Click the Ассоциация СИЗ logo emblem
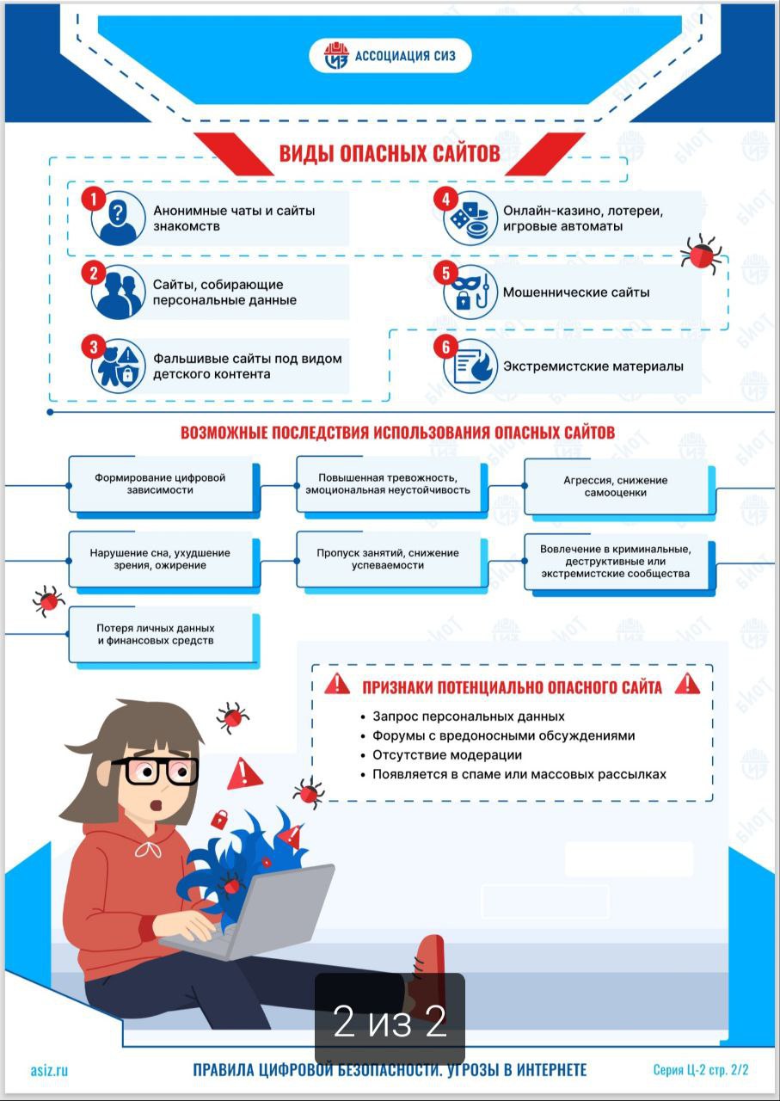pos(336,56)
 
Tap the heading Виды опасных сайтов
pos(390,153)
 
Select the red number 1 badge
pos(94,199)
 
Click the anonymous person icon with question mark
pos(118,218)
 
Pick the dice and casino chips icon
pos(470,218)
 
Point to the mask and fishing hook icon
pos(470,292)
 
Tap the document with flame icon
pos(470,366)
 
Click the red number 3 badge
pos(94,347)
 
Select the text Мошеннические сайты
pos(576,292)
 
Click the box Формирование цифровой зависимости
pos(163,486)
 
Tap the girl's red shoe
pos(427,975)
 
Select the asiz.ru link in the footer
pos(49,1069)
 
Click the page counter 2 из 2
pos(390,1021)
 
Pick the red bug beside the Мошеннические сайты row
pos(701,252)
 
